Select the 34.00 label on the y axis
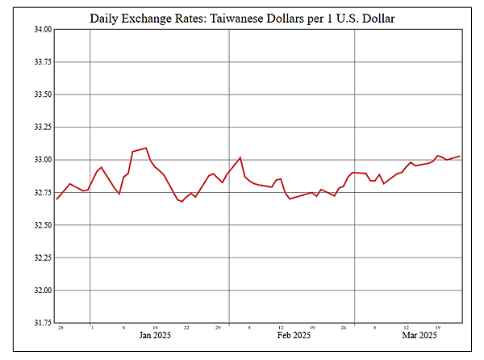click(41, 29)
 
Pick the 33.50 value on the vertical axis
click(41, 94)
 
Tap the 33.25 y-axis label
click(41, 128)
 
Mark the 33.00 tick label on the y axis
click(41, 160)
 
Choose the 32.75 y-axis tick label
click(41, 193)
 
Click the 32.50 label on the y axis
click(41, 225)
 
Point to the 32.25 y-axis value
click(41, 258)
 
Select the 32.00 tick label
click(41, 291)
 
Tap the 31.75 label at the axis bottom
click(41, 323)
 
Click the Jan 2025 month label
click(155, 335)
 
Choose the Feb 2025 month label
click(294, 335)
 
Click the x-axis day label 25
click(60, 328)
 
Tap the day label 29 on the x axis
click(218, 328)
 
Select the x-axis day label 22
click(186, 328)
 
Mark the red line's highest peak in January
click(146, 148)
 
